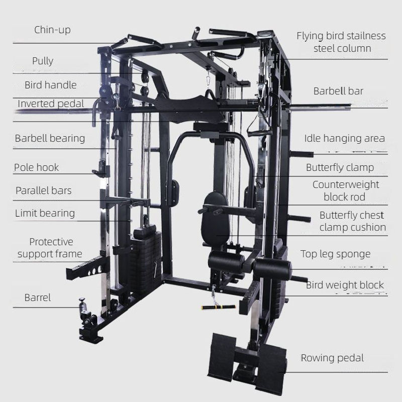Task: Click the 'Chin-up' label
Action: (52, 30)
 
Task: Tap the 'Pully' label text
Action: (43, 61)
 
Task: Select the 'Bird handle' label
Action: (51, 85)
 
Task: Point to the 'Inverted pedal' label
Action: (51, 104)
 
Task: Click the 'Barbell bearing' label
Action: (50, 138)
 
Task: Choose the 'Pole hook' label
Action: (36, 167)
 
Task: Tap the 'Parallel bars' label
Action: (43, 190)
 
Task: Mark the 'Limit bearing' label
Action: (45, 213)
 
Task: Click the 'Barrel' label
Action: (38, 297)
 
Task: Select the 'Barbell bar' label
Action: (338, 91)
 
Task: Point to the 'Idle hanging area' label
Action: (344, 138)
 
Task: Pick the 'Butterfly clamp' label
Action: (340, 167)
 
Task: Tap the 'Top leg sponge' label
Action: (335, 254)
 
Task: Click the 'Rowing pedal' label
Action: (332, 358)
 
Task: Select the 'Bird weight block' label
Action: (345, 285)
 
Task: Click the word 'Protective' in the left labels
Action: (51, 242)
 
